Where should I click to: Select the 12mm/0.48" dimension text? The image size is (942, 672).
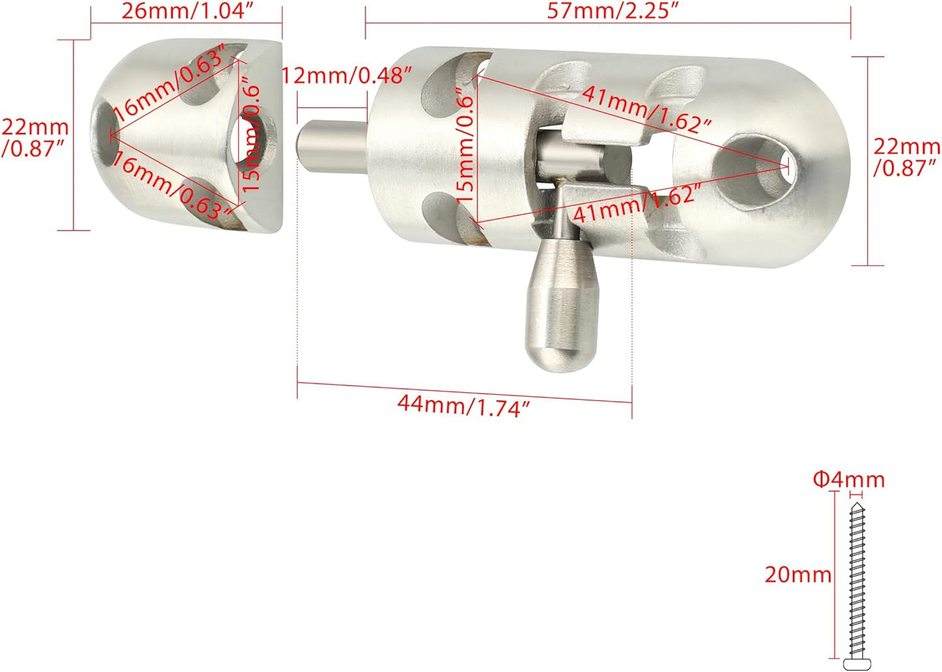[x=346, y=76]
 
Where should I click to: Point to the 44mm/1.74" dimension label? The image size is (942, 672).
[x=464, y=406]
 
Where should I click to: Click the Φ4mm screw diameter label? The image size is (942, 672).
[x=849, y=480]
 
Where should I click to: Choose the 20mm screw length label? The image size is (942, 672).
[x=798, y=574]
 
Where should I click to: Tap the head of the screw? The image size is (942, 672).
[x=857, y=664]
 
